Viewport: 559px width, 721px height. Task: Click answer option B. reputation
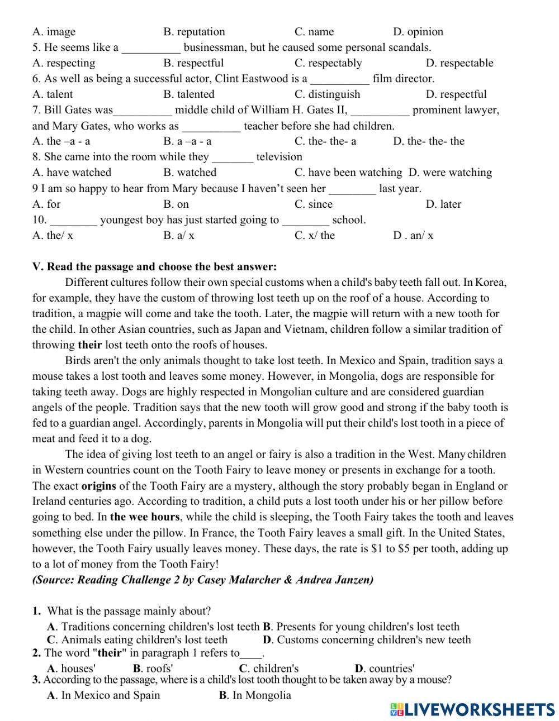point(194,32)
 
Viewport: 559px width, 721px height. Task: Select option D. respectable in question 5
point(459,63)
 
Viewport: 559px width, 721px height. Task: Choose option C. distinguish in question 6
point(327,94)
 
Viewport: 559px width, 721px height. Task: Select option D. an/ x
point(413,235)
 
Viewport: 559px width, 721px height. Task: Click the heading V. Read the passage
point(154,266)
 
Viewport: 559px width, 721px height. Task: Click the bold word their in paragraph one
point(89,345)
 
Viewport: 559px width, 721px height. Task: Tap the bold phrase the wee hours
point(145,517)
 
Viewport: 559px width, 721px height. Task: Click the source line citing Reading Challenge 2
point(202,579)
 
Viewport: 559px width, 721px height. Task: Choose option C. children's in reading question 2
point(269,668)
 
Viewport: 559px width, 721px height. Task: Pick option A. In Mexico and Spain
point(103,695)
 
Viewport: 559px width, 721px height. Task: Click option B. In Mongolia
point(255,695)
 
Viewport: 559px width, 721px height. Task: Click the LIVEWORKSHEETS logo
point(472,709)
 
